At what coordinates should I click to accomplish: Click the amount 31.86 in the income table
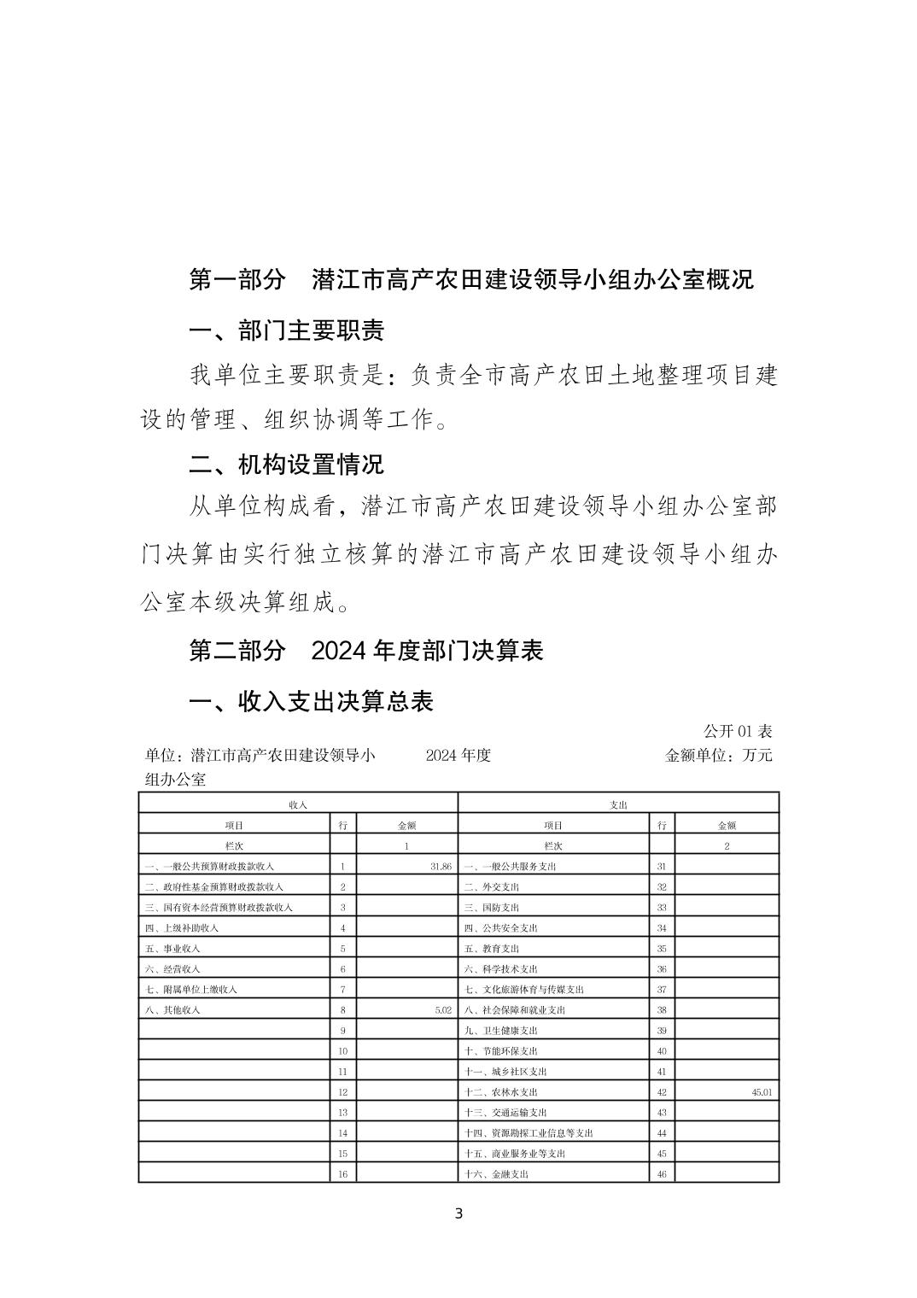coord(441,867)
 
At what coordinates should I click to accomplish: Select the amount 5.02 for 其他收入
coord(442,1010)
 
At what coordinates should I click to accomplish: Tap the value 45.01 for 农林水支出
coord(762,1092)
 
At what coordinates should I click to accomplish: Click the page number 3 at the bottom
coord(458,1213)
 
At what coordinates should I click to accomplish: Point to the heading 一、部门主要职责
coord(286,330)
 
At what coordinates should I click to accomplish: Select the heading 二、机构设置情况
coord(286,465)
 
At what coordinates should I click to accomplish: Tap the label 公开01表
coord(738,732)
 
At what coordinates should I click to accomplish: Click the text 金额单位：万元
coord(718,756)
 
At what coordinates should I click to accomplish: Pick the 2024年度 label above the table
coord(458,756)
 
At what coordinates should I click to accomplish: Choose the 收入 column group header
coord(298,804)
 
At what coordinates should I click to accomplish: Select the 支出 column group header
coord(618,804)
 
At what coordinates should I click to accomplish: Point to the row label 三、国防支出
coord(492,908)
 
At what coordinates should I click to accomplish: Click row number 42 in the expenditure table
coord(662,1092)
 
